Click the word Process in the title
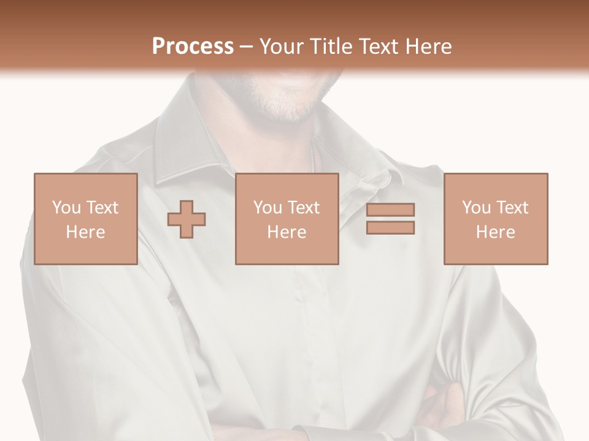pos(193,47)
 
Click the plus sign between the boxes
pos(187,219)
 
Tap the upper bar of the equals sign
pos(390,209)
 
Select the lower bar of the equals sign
pos(390,227)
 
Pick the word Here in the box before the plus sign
pos(85,232)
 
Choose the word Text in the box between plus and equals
pos(304,208)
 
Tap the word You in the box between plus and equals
pos(268,208)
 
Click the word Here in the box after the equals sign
pos(495,232)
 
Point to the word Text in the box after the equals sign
pos(512,208)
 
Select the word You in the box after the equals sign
pos(476,208)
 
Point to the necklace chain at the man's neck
pos(314,160)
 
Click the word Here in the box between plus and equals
pos(287,232)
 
